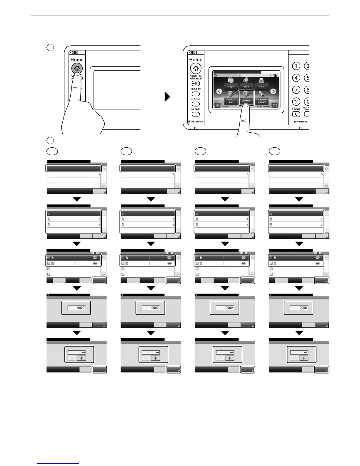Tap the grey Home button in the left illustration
point(77,69)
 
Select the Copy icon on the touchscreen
point(231,83)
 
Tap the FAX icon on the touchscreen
point(261,83)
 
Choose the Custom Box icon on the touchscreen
point(231,97)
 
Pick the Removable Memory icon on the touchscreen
point(261,97)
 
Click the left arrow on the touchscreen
point(219,91)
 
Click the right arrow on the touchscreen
point(273,91)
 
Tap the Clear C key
point(296,114)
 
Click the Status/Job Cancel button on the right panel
point(196,84)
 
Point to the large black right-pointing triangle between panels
point(167,97)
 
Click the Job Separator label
point(196,122)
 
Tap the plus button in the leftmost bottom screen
point(81,358)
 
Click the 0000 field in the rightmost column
point(299,308)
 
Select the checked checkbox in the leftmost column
point(49,258)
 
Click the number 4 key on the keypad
point(296,78)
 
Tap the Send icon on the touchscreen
point(246,83)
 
